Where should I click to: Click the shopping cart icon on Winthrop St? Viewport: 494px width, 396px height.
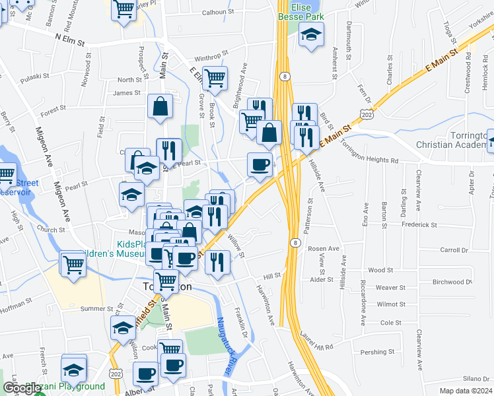(215, 78)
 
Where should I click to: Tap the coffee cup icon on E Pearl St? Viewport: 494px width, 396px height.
(260, 164)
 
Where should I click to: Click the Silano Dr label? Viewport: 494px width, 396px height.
(476, 378)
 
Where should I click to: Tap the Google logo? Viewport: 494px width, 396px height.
(22, 389)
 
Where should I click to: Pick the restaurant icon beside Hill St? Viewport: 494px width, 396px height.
(217, 262)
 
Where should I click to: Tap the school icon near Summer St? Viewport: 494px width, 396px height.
(123, 328)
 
